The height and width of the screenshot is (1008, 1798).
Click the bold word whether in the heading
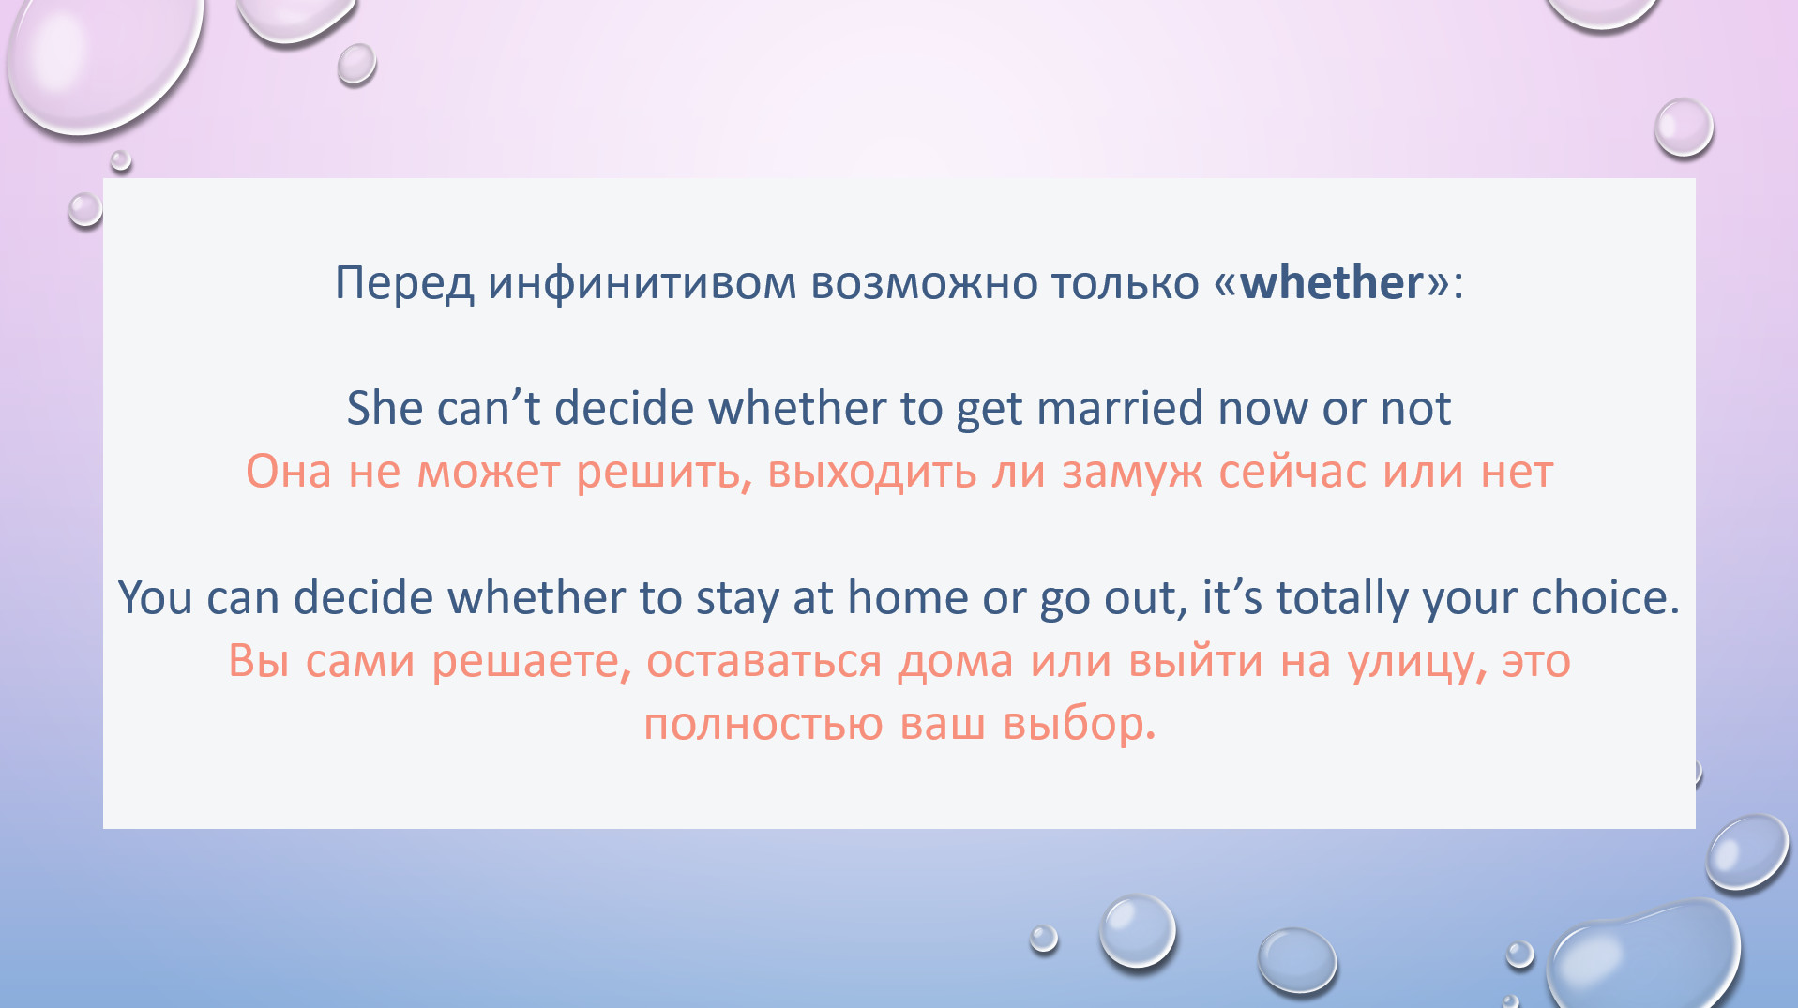1332,282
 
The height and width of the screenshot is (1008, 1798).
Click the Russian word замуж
1132,472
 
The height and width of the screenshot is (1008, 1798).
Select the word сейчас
1292,472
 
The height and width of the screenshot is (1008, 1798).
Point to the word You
155,597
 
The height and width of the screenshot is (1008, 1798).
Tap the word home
907,597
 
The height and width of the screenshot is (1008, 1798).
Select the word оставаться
763,662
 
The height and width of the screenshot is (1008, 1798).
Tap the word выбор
1080,723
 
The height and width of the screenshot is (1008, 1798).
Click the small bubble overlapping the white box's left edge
85,209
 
